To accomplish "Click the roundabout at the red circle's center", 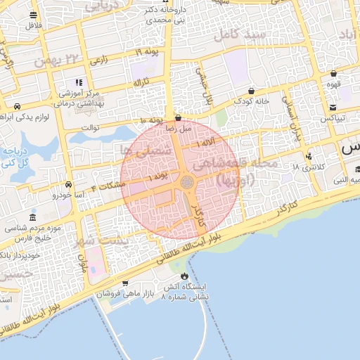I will pyautogui.click(x=188, y=182).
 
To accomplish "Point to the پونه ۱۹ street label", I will pyautogui.click(x=148, y=53).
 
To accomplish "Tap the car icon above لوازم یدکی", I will pyautogui.click(x=16, y=106).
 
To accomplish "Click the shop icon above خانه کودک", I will pyautogui.click(x=252, y=91).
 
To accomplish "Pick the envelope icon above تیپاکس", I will pyautogui.click(x=333, y=108).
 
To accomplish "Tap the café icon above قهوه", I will pyautogui.click(x=333, y=73).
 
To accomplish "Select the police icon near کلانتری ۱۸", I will pyautogui.click(x=309, y=156).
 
